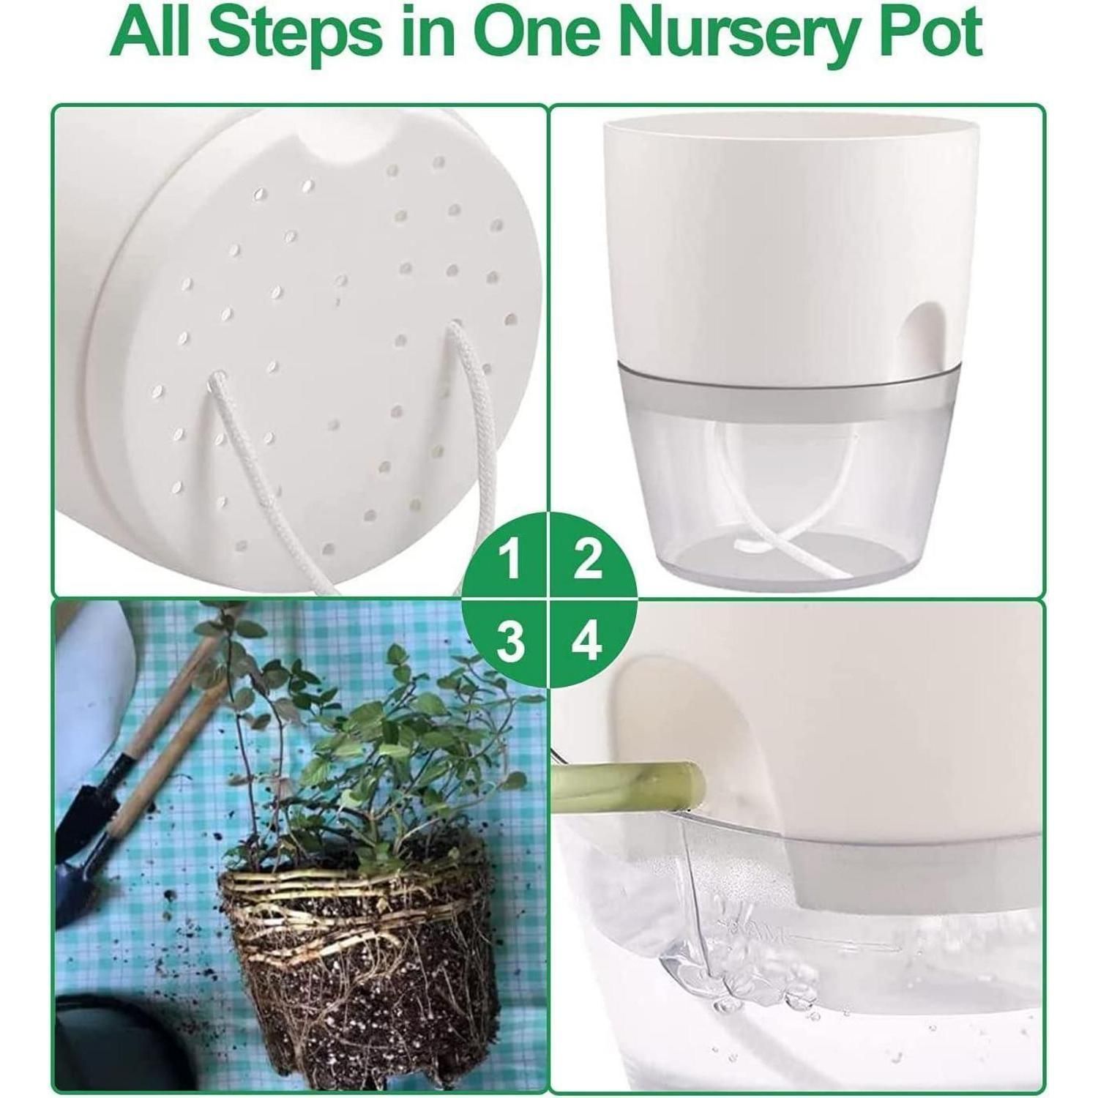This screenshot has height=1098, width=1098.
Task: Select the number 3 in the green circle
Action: [x=511, y=641]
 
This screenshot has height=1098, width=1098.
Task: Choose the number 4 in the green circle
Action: [x=587, y=641]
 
